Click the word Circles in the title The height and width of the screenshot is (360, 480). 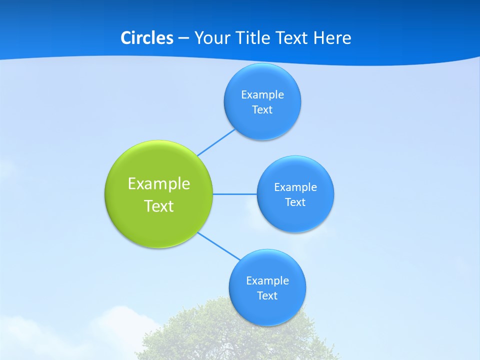146,38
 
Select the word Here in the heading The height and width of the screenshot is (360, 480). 332,38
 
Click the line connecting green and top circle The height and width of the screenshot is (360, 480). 216,142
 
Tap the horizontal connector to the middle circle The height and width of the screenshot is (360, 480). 235,194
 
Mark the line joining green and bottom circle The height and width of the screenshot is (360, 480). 219,246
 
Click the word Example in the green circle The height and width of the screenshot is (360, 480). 159,184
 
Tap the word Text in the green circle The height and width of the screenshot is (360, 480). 159,206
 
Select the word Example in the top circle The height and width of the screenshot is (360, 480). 262,95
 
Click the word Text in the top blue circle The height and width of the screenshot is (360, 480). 262,110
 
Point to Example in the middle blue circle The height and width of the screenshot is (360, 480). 295,187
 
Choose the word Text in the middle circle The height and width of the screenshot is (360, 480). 295,202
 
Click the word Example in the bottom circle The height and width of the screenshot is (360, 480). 267,281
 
